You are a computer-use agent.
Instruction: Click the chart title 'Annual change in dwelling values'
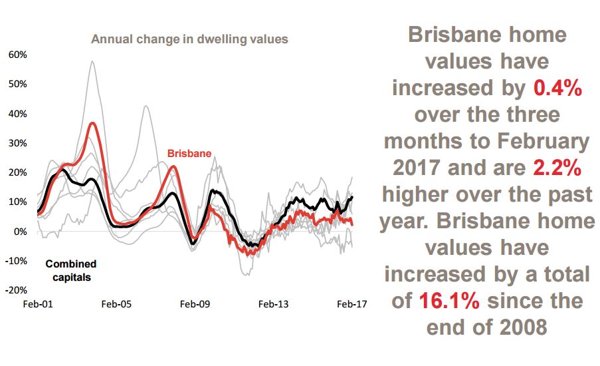click(189, 39)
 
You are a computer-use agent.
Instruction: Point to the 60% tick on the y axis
click(17, 55)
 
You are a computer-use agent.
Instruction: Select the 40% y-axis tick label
click(17, 114)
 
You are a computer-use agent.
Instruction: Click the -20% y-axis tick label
click(16, 290)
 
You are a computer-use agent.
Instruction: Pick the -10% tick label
click(16, 261)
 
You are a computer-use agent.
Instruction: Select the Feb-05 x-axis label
click(117, 304)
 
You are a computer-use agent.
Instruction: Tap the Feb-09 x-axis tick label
click(195, 304)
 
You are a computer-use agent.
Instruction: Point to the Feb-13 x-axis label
click(274, 304)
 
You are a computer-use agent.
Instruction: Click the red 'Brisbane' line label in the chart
click(189, 154)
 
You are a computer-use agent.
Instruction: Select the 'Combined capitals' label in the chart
click(71, 270)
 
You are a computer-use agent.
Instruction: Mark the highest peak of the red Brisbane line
click(93, 123)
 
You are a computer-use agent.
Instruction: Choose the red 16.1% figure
click(449, 301)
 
